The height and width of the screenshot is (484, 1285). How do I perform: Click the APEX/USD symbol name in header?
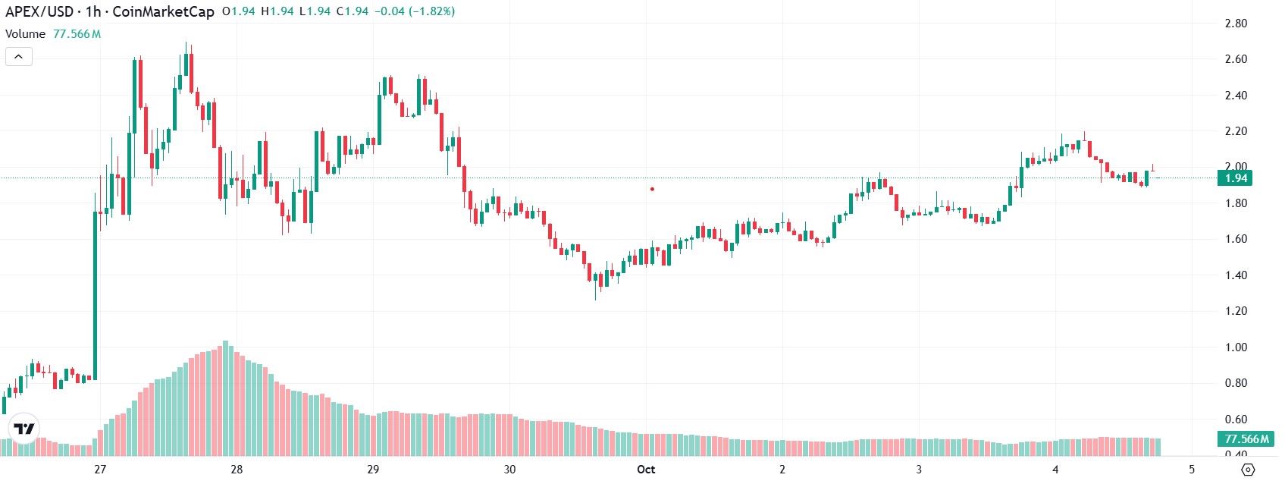39,12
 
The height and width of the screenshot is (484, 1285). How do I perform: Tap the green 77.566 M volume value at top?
77,34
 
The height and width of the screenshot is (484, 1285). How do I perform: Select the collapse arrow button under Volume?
19,56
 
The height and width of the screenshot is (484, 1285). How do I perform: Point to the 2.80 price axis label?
1236,24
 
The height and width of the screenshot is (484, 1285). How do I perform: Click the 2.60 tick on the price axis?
1236,59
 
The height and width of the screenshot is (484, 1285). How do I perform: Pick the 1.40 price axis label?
1236,275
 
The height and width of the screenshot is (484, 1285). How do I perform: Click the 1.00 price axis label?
1236,347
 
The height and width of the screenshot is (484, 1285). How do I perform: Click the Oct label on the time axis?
646,470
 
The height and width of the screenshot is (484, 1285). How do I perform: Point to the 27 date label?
100,470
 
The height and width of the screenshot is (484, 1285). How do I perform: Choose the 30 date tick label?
509,470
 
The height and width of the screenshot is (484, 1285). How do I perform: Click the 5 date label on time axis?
1192,470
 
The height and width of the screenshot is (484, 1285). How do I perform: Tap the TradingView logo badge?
24,429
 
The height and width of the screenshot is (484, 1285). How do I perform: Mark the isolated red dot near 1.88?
652,189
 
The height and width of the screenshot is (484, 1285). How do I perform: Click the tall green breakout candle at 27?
96,296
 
